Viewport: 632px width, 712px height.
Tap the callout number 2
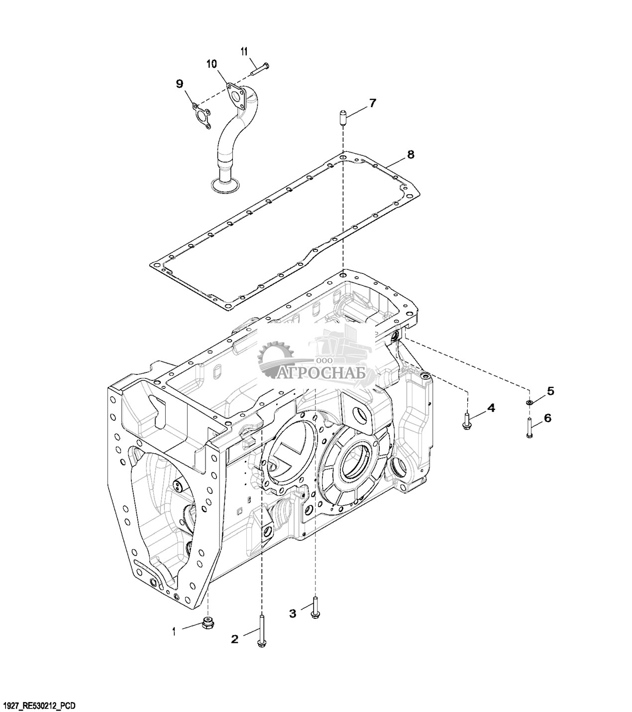234,639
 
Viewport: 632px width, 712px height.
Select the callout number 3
293,613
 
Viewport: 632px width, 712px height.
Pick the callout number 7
372,103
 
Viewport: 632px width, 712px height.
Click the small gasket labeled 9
201,116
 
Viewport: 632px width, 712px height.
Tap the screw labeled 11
260,68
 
